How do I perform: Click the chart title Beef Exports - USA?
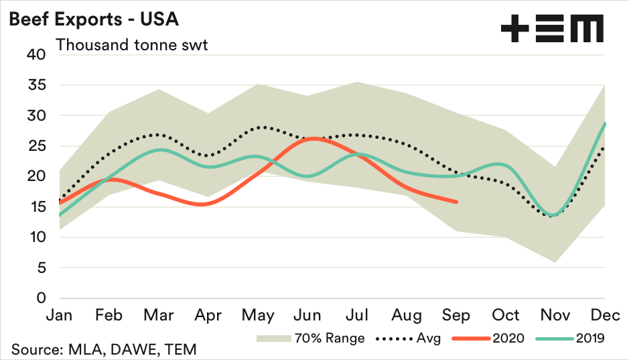pyautogui.click(x=93, y=19)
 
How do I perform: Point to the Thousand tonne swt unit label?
pyautogui.click(x=132, y=46)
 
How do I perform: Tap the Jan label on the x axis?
pyautogui.click(x=61, y=315)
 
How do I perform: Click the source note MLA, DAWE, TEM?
pyautogui.click(x=103, y=349)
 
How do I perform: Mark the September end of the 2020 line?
pyautogui.click(x=457, y=201)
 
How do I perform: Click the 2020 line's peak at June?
pyautogui.click(x=311, y=139)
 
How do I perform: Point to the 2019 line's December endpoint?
pyautogui.click(x=606, y=123)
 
